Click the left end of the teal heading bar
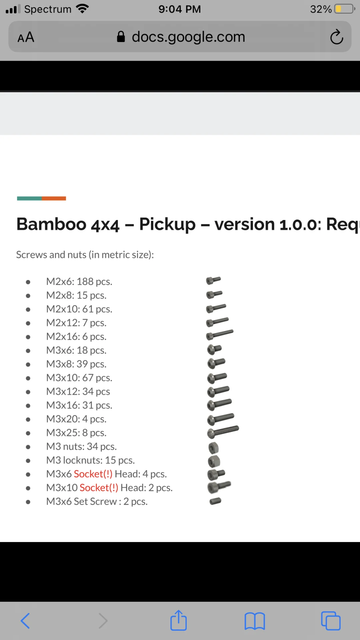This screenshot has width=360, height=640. click(x=17, y=198)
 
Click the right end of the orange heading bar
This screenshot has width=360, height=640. click(x=66, y=198)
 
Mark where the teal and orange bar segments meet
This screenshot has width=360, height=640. click(x=42, y=198)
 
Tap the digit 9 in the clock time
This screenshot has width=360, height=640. click(x=162, y=9)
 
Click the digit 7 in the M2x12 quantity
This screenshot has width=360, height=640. click(x=85, y=323)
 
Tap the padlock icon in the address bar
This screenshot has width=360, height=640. click(x=121, y=37)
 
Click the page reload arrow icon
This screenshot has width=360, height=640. click(x=336, y=37)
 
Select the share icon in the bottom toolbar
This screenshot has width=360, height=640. click(x=178, y=620)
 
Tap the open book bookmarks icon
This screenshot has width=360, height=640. click(x=255, y=621)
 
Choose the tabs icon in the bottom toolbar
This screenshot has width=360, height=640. click(x=331, y=621)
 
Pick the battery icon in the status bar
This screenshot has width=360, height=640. click(x=345, y=9)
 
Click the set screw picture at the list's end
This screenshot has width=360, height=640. click(x=215, y=501)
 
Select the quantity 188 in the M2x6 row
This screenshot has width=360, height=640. click(x=85, y=282)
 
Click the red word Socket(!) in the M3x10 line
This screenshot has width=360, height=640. click(x=99, y=488)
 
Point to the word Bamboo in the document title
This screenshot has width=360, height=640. click(x=51, y=224)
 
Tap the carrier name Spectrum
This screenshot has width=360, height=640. click(x=48, y=9)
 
